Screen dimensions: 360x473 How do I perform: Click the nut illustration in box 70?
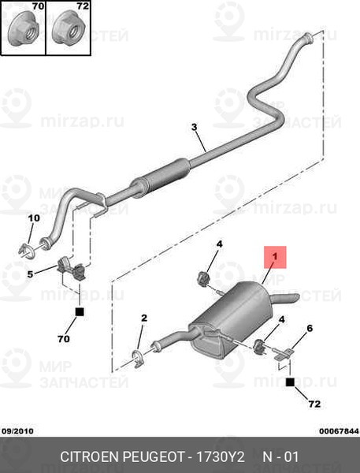click(x=24, y=29)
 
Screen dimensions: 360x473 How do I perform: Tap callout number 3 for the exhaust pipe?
click(x=195, y=127)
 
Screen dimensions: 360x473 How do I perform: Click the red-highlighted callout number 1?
click(x=275, y=257)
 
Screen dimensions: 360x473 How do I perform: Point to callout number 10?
click(x=34, y=218)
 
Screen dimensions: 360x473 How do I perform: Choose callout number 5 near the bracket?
click(x=30, y=274)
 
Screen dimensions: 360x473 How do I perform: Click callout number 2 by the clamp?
click(x=144, y=318)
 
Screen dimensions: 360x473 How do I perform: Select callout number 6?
click(x=310, y=328)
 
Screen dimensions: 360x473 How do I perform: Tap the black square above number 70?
click(x=80, y=312)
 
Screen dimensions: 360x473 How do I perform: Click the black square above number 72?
click(x=290, y=382)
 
